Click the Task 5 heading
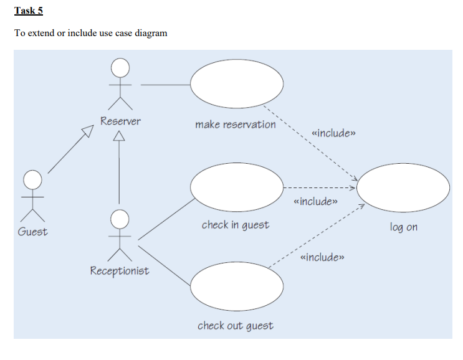point(29,11)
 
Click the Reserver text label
point(120,121)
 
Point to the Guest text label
point(32,232)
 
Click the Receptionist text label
point(120,271)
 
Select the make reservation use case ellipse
point(236,84)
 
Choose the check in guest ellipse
point(236,186)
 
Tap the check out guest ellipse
point(236,287)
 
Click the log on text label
point(403,227)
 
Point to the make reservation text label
point(235,125)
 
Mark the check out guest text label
point(235,326)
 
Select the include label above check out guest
point(322,257)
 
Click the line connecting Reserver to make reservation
point(165,84)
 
